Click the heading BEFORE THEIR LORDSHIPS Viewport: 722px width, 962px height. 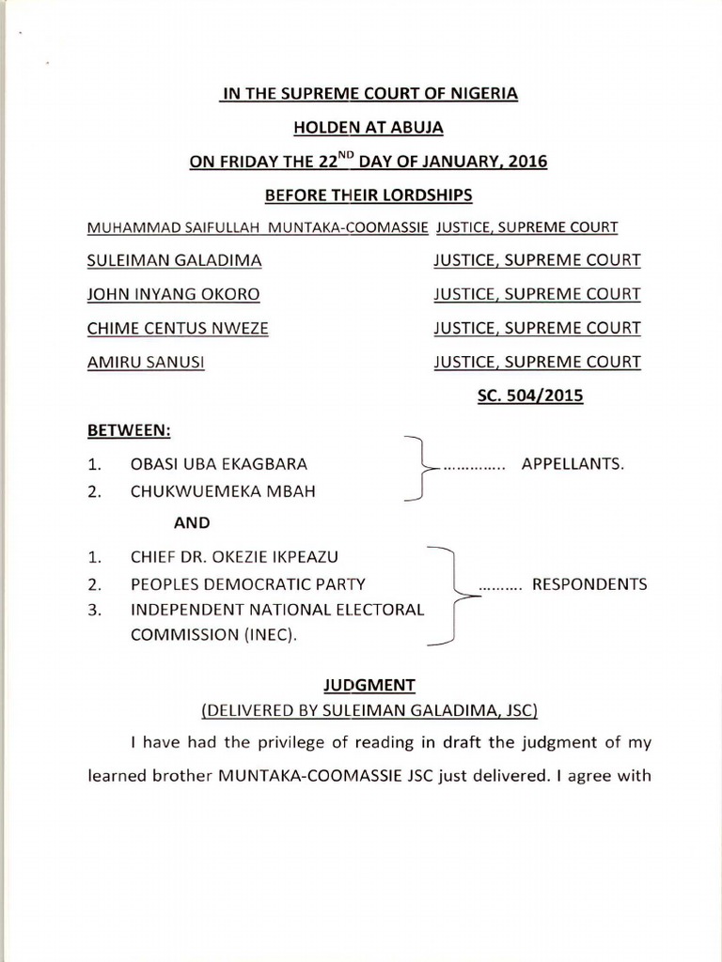[x=369, y=194]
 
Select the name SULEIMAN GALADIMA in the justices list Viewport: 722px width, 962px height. [x=175, y=260]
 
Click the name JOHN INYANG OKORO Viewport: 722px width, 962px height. [x=173, y=294]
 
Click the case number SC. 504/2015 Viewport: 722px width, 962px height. [x=531, y=396]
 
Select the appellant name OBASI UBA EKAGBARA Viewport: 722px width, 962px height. [x=219, y=464]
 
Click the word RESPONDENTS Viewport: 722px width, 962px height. [x=589, y=583]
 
